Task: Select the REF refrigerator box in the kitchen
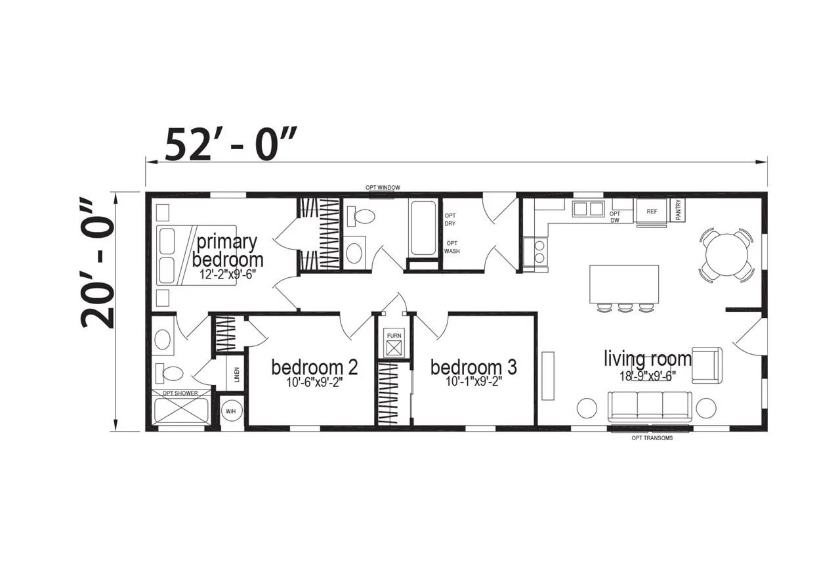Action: click(652, 212)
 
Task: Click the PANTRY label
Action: click(678, 210)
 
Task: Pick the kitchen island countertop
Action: click(624, 284)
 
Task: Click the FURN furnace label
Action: click(394, 336)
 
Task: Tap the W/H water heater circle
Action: click(230, 411)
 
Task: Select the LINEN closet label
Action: click(237, 374)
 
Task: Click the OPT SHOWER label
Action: click(180, 393)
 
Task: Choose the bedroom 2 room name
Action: click(314, 367)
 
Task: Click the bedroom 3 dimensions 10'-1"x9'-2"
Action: click(474, 382)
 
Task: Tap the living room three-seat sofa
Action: click(650, 407)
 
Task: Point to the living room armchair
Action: click(707, 365)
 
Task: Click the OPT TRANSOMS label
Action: click(652, 438)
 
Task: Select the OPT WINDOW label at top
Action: click(383, 187)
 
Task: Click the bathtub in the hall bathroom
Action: click(423, 228)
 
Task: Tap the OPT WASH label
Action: click(452, 247)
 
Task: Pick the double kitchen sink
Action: click(588, 209)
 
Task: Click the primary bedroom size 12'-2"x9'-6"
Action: click(227, 275)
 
